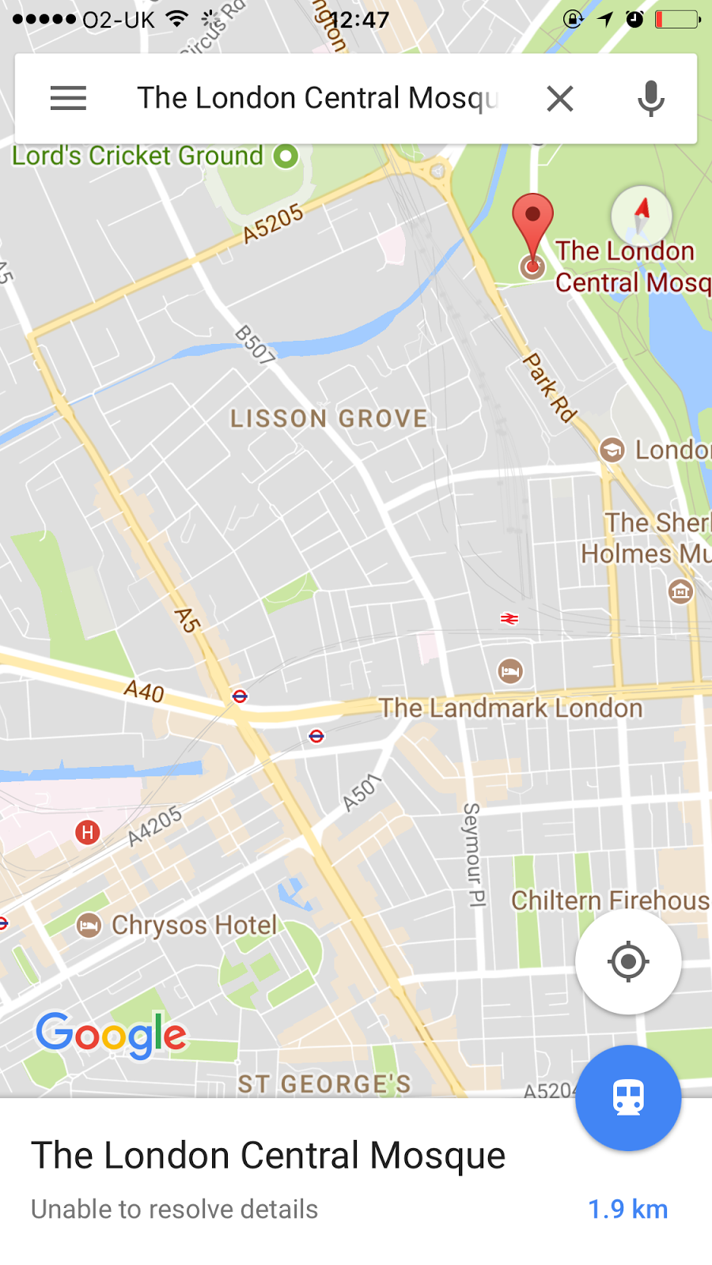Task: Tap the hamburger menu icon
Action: click(68, 98)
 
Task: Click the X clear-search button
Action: click(559, 99)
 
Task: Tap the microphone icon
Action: click(650, 99)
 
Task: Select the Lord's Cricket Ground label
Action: click(138, 156)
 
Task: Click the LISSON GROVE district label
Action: click(328, 418)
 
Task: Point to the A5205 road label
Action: click(273, 223)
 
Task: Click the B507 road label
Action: click(255, 345)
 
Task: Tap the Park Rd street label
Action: click(550, 387)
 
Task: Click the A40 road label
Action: click(144, 691)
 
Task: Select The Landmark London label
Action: click(510, 708)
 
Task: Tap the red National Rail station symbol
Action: click(509, 618)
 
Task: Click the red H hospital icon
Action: click(88, 832)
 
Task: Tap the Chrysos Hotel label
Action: click(194, 925)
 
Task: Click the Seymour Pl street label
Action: click(473, 854)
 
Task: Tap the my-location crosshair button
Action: click(628, 961)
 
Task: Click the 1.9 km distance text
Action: click(627, 1209)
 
